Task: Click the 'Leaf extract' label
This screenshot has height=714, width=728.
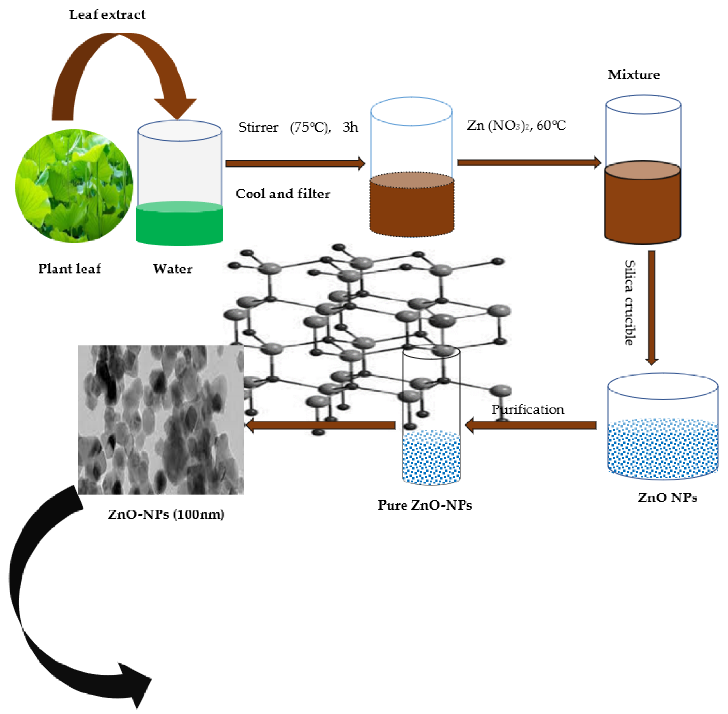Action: (x=107, y=15)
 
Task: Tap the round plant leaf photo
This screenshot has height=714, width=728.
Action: (x=74, y=186)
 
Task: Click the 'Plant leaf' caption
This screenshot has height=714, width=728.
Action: (x=69, y=269)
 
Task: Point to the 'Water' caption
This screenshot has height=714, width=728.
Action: (x=172, y=269)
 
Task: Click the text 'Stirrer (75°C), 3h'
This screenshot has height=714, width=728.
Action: (x=298, y=128)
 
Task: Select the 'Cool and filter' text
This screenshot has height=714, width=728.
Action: (x=283, y=194)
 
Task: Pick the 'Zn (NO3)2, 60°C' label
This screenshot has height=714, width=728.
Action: (x=516, y=126)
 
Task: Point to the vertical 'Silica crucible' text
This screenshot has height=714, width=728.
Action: (x=630, y=303)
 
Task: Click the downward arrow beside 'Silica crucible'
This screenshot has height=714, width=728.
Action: (x=652, y=308)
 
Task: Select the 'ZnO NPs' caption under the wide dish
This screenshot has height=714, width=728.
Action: (x=668, y=498)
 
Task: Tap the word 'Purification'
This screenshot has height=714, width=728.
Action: (x=528, y=410)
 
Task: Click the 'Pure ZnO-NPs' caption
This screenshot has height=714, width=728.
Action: (x=424, y=505)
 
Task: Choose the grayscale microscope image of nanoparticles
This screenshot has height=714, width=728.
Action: (x=160, y=420)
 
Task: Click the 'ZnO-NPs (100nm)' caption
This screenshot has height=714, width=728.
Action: (x=166, y=514)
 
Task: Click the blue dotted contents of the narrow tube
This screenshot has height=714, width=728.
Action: (x=431, y=458)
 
